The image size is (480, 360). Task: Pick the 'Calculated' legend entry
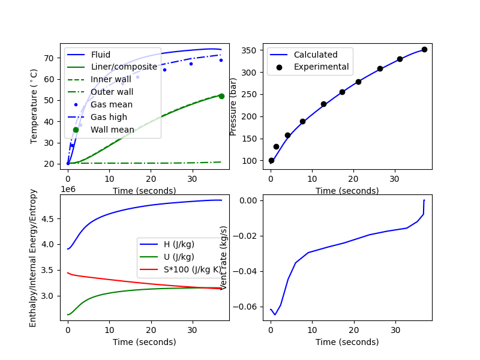tap(316, 55)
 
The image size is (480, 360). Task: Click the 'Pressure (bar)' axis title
tap(233, 105)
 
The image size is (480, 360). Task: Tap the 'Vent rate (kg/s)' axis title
tap(224, 257)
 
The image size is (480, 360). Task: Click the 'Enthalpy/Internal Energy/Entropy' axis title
tap(33, 258)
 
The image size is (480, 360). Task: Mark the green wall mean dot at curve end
tap(221, 96)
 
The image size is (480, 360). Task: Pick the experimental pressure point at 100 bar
tap(271, 160)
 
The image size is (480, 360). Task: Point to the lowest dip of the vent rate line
tap(275, 314)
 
